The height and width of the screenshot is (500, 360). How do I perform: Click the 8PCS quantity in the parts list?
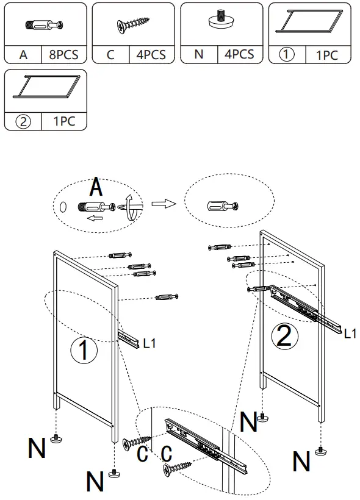(x=64, y=55)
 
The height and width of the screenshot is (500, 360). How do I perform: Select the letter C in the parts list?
(x=110, y=55)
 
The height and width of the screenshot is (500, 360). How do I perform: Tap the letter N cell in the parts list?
(x=199, y=55)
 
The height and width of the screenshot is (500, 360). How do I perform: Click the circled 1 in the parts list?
(x=287, y=54)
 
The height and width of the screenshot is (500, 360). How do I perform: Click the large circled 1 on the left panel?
(x=84, y=350)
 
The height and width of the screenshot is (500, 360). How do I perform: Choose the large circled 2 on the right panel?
(x=284, y=335)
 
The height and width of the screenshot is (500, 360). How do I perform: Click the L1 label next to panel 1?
(x=149, y=343)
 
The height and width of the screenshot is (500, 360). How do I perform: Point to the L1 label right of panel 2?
(x=350, y=333)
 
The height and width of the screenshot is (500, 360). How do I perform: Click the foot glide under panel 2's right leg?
(x=320, y=451)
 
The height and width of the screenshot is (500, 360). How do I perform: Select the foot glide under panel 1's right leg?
(x=113, y=473)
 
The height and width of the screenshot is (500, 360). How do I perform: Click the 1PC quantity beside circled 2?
(x=64, y=121)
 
